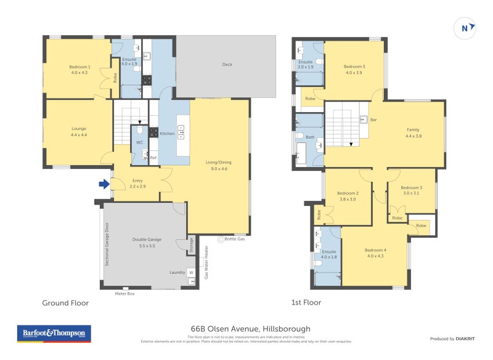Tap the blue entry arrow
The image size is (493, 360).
pyautogui.click(x=104, y=183)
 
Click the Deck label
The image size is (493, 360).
pyautogui.click(x=227, y=64)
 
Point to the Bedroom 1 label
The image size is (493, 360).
pyautogui.click(x=79, y=67)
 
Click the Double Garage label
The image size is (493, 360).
pyautogui.click(x=146, y=240)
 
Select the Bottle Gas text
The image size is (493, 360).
pyautogui.click(x=235, y=238)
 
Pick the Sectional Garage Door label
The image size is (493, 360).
pyautogui.click(x=107, y=244)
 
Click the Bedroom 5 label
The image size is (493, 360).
pyautogui.click(x=354, y=67)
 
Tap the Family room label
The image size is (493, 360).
pyautogui.click(x=412, y=129)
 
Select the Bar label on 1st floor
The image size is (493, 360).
pyautogui.click(x=373, y=120)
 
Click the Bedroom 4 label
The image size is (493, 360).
pyautogui.click(x=375, y=249)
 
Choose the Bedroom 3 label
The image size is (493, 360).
pyautogui.click(x=411, y=187)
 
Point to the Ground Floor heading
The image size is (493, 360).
pyautogui.click(x=65, y=303)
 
